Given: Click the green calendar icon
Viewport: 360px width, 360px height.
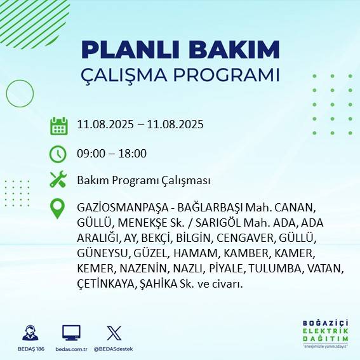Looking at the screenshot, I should tap(58, 125).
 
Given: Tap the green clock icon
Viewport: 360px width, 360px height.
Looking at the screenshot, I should tap(58, 153).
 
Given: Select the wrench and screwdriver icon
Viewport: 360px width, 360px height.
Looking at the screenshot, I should tap(58, 180).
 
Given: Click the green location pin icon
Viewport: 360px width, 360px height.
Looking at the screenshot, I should tap(58, 209).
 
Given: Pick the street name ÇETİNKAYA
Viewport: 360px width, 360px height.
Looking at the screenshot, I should tap(104, 284).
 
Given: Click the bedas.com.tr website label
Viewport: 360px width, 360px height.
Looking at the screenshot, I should tap(71, 349).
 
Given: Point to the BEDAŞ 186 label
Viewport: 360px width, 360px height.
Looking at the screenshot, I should tap(30, 349).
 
